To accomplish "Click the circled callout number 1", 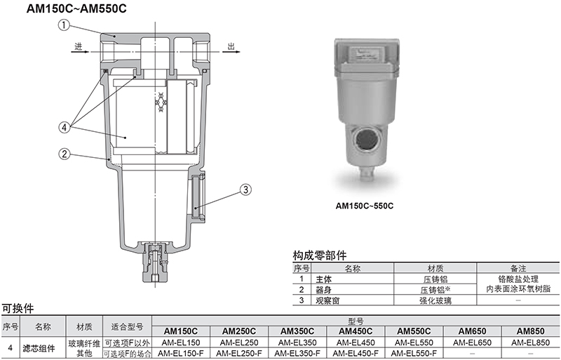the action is click(x=64, y=25).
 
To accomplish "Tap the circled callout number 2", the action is click(x=65, y=154).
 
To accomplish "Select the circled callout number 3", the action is click(x=245, y=189).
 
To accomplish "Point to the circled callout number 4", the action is click(x=65, y=127).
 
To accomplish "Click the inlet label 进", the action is click(x=79, y=46).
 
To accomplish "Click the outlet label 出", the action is click(x=231, y=46).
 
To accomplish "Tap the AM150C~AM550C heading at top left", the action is click(x=76, y=8).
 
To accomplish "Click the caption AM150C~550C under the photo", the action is click(x=364, y=206).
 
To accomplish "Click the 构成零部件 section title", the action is click(x=320, y=255).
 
